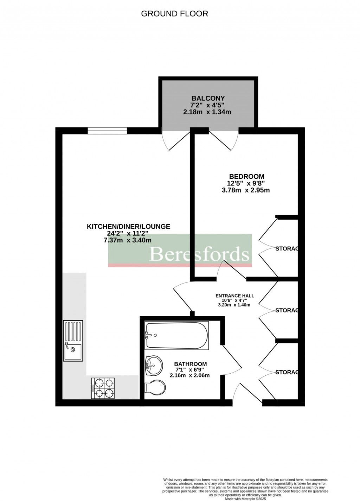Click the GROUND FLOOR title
[174, 14]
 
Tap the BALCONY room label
[208, 98]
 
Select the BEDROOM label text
[246, 176]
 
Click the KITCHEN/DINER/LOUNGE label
[128, 227]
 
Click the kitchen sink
[73, 340]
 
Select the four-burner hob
[103, 388]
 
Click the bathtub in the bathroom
[176, 331]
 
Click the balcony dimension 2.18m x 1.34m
[207, 112]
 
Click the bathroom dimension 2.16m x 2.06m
[190, 375]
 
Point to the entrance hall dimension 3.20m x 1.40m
[234, 305]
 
